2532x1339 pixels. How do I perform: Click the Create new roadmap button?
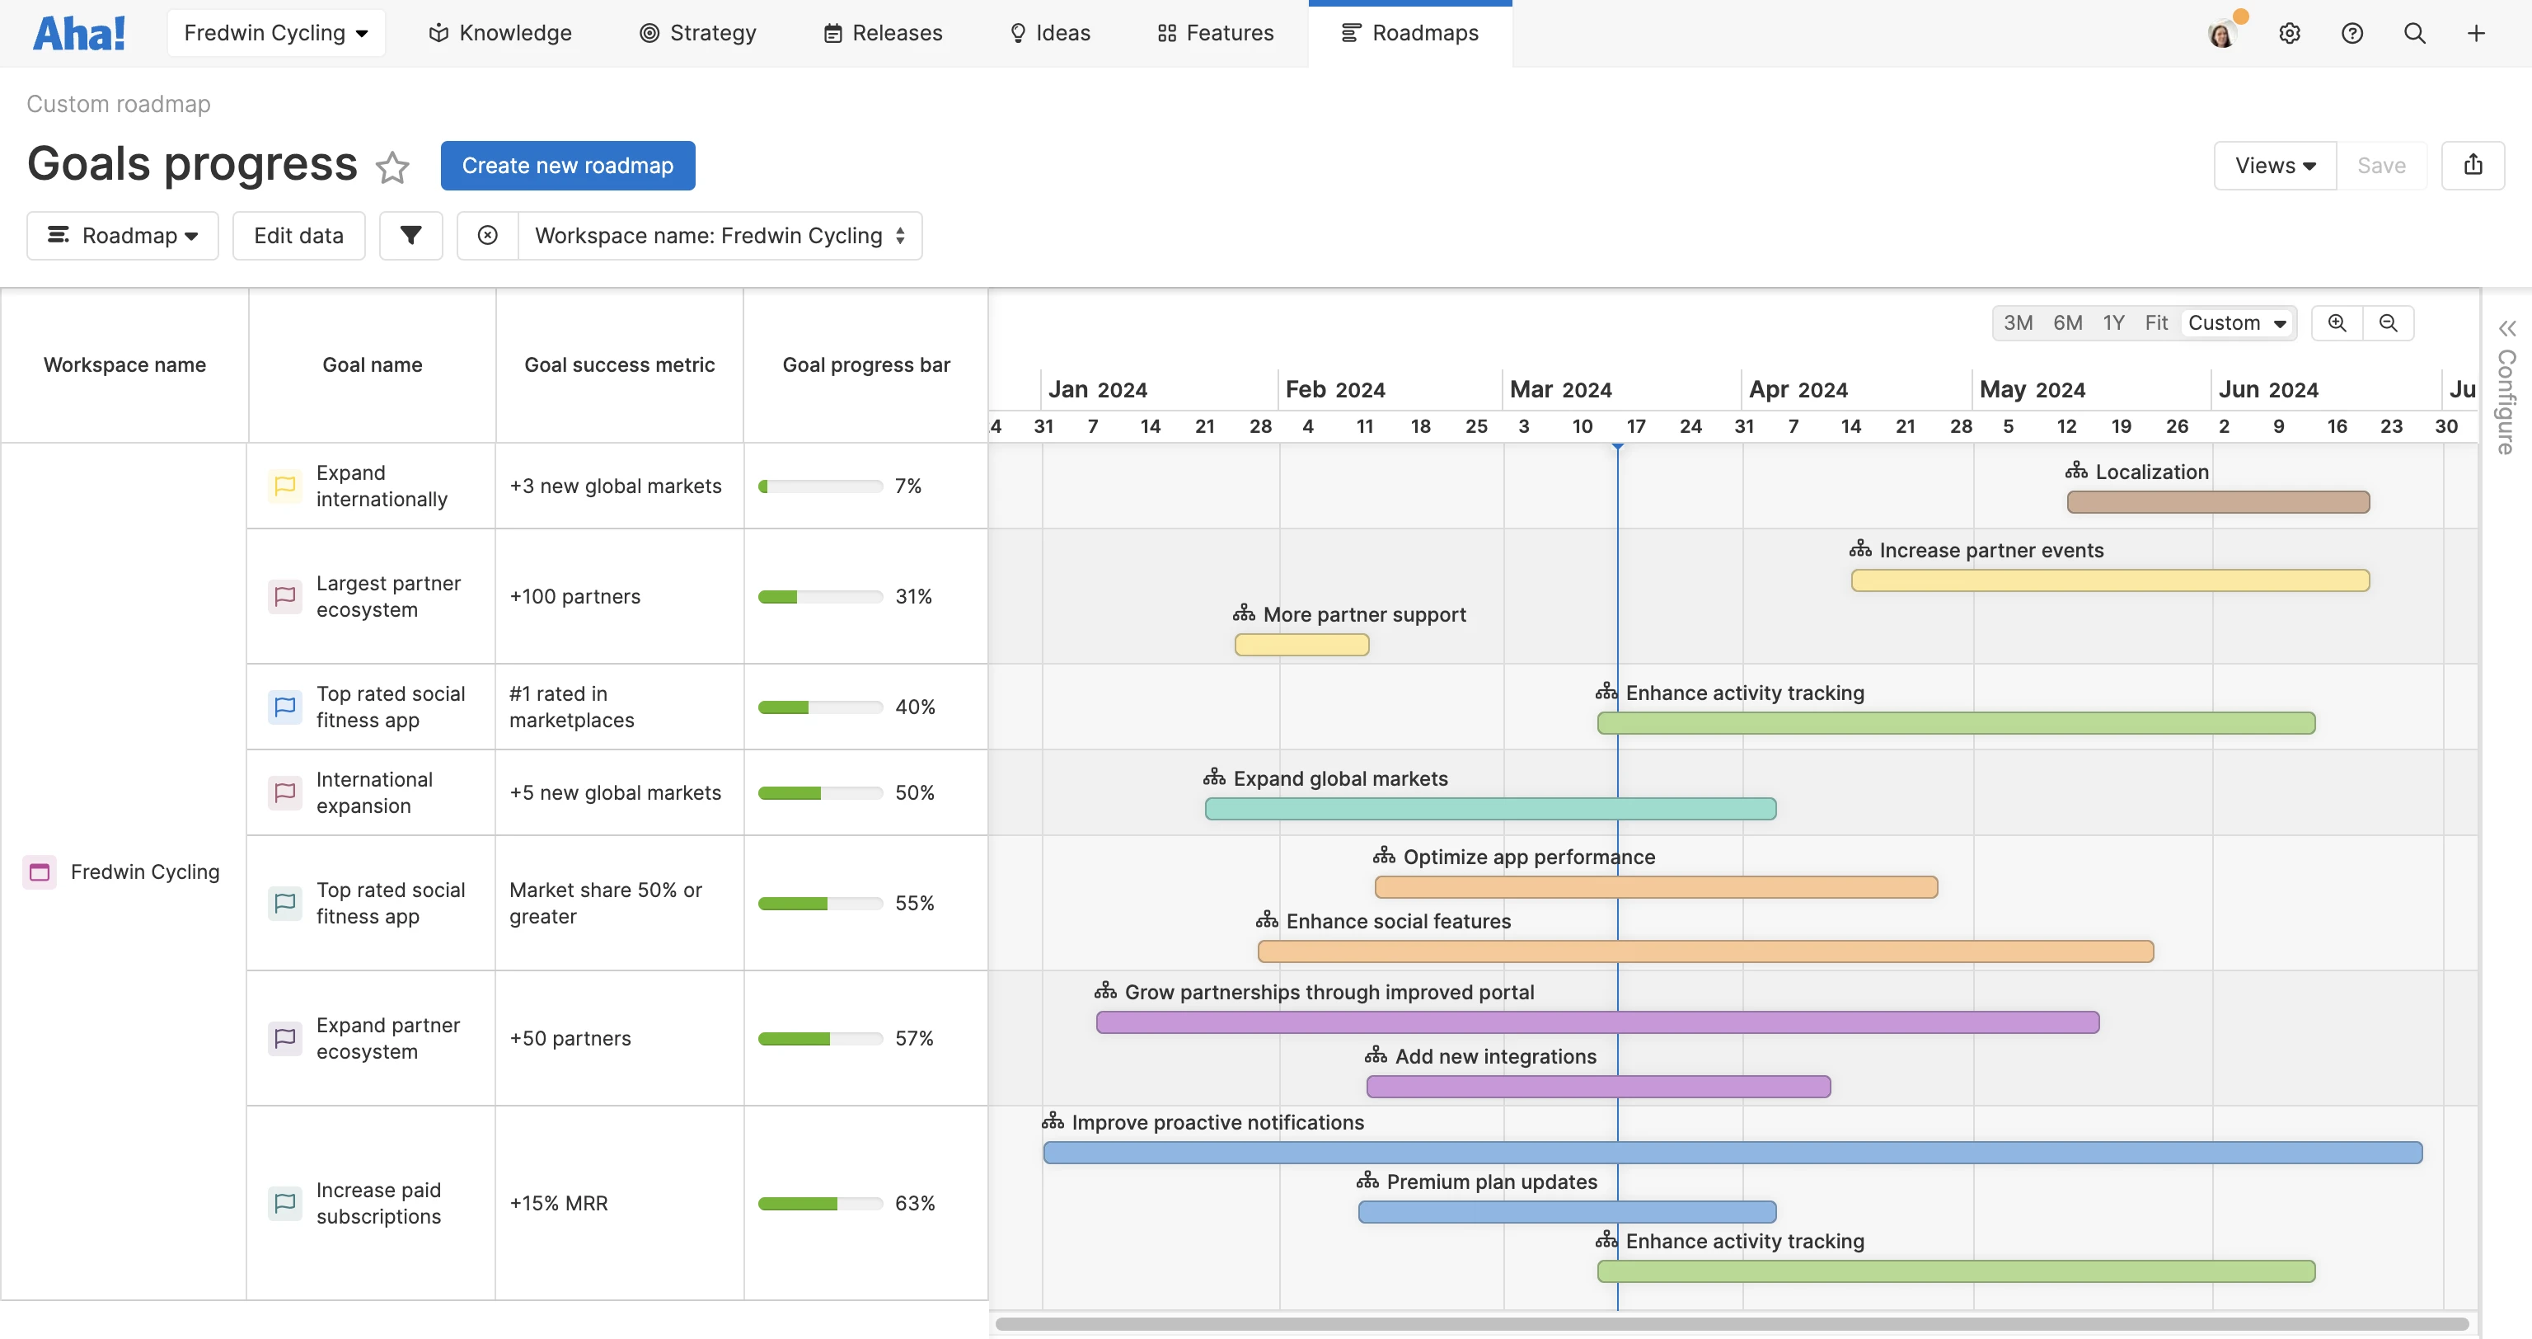[x=567, y=165]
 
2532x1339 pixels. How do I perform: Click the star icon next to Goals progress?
[x=392, y=167]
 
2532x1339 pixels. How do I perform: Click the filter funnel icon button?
[x=410, y=236]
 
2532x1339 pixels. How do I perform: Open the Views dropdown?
[x=2273, y=165]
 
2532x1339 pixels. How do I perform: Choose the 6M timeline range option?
[x=2067, y=323]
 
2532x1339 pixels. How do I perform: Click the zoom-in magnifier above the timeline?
[x=2337, y=323]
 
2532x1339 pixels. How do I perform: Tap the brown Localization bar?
[x=2217, y=502]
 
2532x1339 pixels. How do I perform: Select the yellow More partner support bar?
[x=1301, y=645]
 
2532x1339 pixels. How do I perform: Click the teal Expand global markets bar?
[x=1489, y=809]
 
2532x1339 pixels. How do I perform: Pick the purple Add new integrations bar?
[x=1597, y=1087]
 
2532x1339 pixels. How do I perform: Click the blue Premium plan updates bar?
[x=1566, y=1212]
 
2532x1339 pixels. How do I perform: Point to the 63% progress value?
[x=914, y=1203]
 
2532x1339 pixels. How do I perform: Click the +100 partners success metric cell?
[x=575, y=597]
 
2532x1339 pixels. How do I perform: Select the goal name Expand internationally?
[x=382, y=486]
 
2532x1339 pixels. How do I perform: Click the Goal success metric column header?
[x=619, y=364]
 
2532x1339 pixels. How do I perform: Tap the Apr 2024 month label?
[x=1798, y=390]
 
